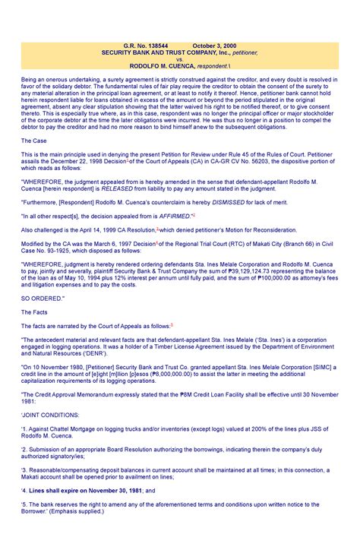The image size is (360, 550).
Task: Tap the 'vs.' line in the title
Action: pyautogui.click(x=180, y=59)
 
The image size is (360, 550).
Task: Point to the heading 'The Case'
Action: pyautogui.click(x=36, y=141)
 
